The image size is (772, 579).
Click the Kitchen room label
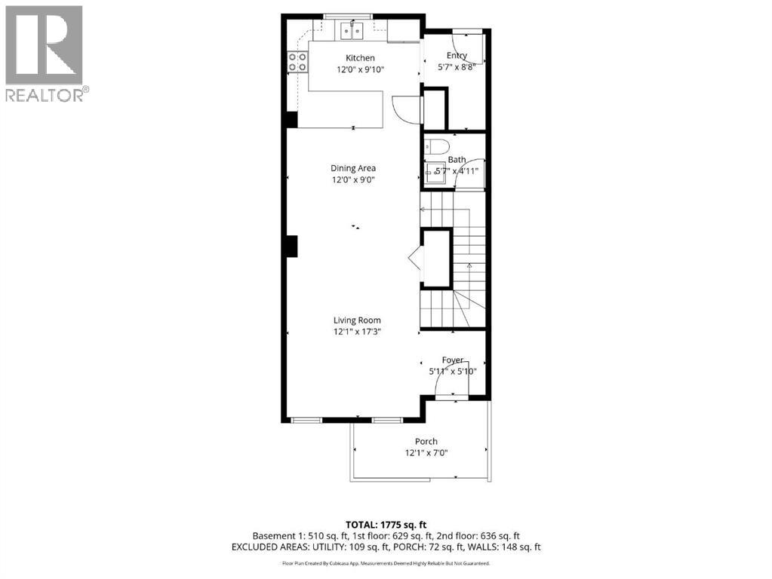point(360,58)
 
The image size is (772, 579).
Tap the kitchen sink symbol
point(351,31)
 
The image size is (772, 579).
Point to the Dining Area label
point(353,168)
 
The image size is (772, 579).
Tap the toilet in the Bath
point(437,146)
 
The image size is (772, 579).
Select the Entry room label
point(457,56)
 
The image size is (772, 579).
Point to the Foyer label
point(453,360)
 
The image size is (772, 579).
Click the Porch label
point(426,442)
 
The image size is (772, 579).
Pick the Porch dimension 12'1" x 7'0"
point(426,453)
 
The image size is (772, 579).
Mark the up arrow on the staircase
point(469,265)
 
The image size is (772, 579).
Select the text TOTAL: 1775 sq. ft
point(386,524)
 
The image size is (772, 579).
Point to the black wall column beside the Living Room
point(291,247)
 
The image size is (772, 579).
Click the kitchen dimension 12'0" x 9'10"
point(360,69)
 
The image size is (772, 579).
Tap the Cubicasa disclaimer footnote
point(386,563)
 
